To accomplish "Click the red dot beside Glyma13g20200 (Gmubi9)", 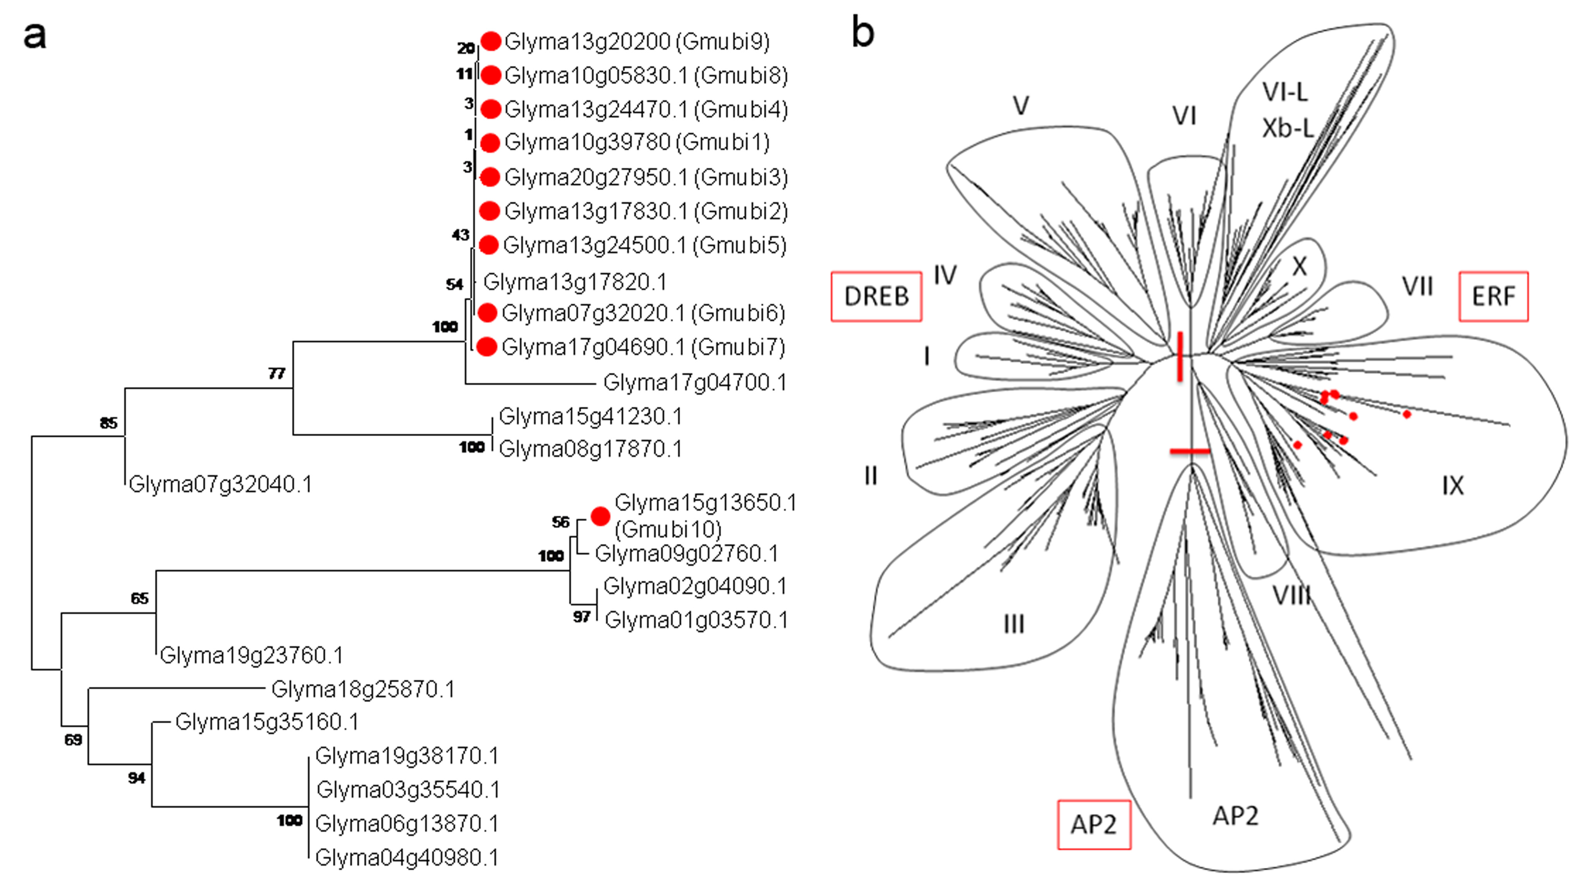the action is pyautogui.click(x=491, y=41).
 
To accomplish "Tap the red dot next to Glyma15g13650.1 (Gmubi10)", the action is pyautogui.click(x=600, y=516).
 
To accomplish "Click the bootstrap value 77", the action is pyautogui.click(x=277, y=373).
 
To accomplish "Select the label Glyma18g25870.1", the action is pyautogui.click(x=363, y=689).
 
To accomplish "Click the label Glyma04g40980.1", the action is pyautogui.click(x=407, y=858).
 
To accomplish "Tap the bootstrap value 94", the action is pyautogui.click(x=137, y=778).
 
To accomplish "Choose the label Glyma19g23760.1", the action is pyautogui.click(x=251, y=655).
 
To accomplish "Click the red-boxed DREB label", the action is pyautogui.click(x=876, y=297).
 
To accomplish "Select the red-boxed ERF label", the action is pyautogui.click(x=1493, y=297).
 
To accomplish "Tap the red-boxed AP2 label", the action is pyautogui.click(x=1094, y=825).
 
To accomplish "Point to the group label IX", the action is pyautogui.click(x=1453, y=486).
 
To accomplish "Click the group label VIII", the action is pyautogui.click(x=1291, y=596).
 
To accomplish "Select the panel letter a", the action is pyautogui.click(x=34, y=36).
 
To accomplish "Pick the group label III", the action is pyautogui.click(x=1013, y=624).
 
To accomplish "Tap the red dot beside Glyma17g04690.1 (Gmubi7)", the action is pyautogui.click(x=487, y=347).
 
